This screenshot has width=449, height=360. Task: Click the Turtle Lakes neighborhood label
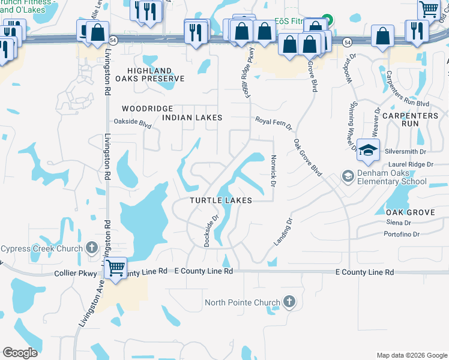point(220,200)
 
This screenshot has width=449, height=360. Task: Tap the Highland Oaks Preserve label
point(155,74)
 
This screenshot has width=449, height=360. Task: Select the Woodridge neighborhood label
point(147,109)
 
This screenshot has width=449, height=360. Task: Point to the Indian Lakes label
point(193,118)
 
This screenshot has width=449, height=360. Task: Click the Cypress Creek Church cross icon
point(91,247)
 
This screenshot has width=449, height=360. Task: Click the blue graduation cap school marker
point(368,151)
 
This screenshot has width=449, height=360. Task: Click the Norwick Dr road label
point(273,171)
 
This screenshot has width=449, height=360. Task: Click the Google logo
point(20,353)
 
